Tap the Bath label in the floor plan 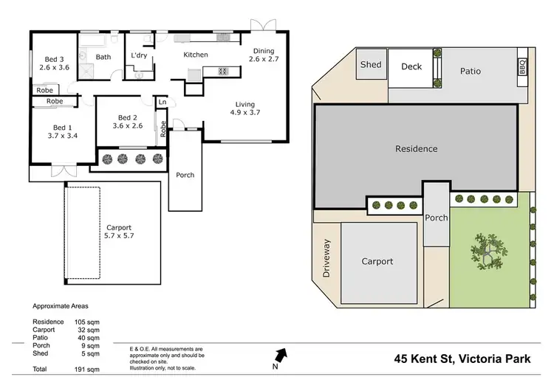point(103,57)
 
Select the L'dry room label point(139,56)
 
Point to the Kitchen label point(196,55)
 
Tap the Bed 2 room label point(127,122)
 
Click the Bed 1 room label point(63,131)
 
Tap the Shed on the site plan point(371,65)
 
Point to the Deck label point(411,66)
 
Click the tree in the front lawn point(488,252)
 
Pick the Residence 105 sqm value point(82,322)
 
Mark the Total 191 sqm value point(82,368)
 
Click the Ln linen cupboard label point(162,103)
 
